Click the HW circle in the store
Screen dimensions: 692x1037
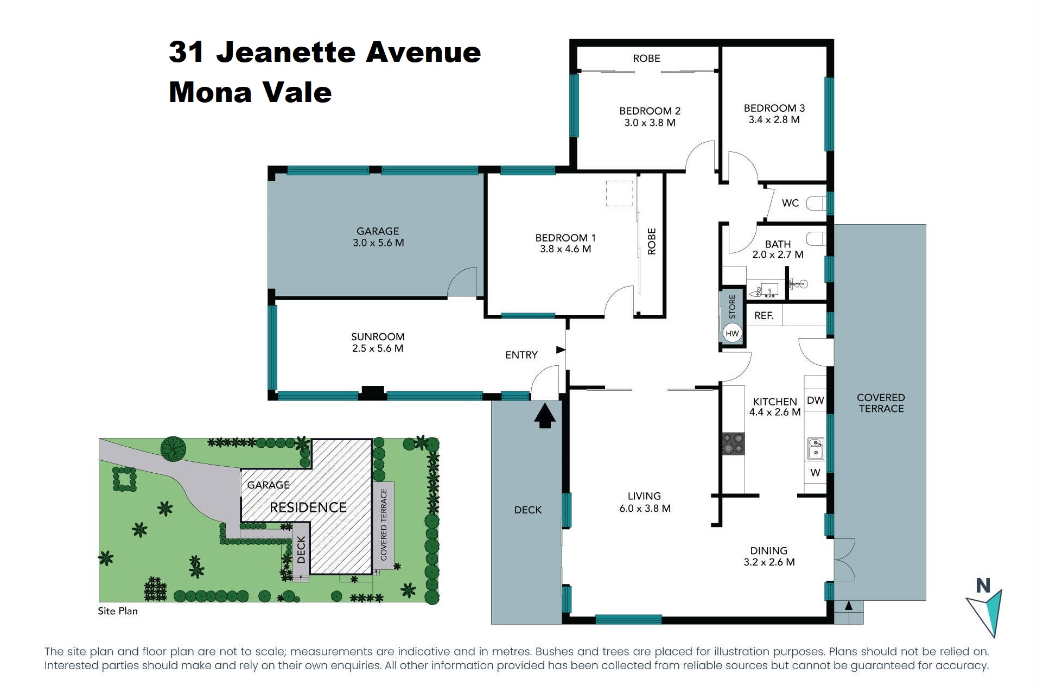(x=732, y=333)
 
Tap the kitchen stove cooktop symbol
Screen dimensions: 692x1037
(x=733, y=443)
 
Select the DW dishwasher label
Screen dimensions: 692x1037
(x=815, y=401)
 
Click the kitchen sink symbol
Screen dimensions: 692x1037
(x=815, y=449)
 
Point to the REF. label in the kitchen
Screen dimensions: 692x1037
(x=764, y=315)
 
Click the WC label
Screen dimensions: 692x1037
(x=790, y=203)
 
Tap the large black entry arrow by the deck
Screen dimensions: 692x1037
(x=545, y=415)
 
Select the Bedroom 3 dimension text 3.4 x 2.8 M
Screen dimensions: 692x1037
(x=774, y=120)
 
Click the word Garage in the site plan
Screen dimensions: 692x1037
(x=268, y=485)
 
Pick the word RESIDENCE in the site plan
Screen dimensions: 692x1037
(x=308, y=507)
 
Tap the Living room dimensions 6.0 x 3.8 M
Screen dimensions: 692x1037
(x=645, y=509)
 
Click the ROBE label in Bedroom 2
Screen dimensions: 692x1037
(x=646, y=58)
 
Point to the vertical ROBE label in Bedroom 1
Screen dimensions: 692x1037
(x=652, y=241)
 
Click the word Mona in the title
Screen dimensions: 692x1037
(x=209, y=92)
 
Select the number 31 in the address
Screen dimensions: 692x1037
(x=186, y=52)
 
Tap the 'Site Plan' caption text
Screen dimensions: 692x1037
(x=118, y=611)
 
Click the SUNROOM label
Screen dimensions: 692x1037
(x=378, y=337)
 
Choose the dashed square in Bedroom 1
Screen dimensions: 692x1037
(x=619, y=193)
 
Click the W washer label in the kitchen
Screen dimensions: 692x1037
(x=815, y=473)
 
